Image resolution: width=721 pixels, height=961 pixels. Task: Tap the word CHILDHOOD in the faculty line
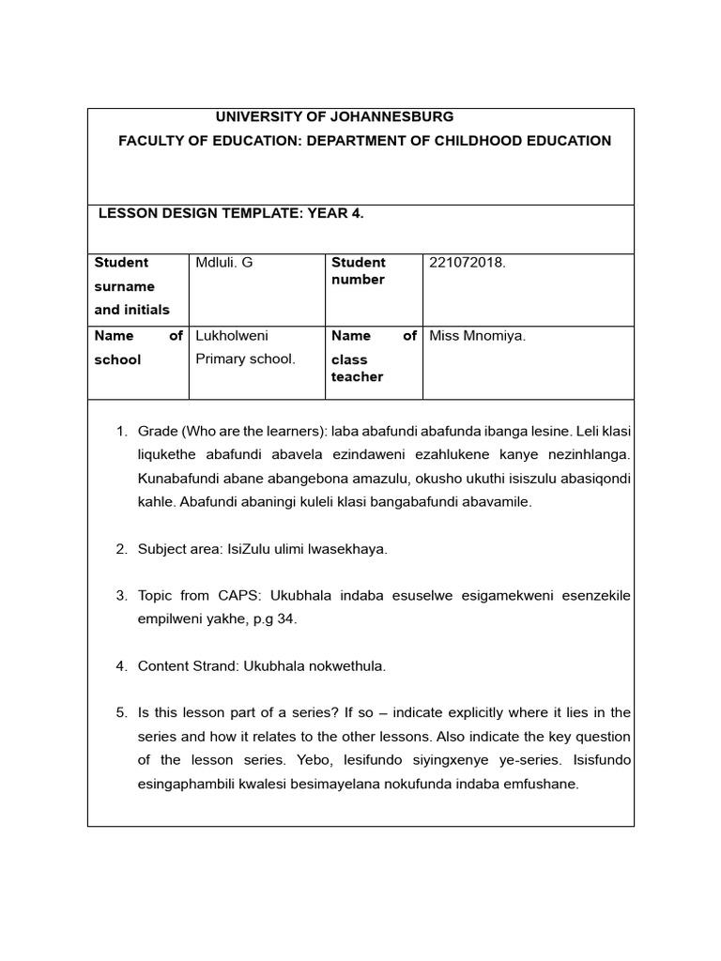coord(479,141)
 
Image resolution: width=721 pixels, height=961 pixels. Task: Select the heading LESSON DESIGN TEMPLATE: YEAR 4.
coord(231,214)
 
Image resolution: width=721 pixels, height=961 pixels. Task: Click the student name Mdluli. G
coord(223,263)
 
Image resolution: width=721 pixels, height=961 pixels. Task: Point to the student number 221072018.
coord(468,263)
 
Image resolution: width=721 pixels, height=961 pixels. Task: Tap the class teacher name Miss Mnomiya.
coord(477,336)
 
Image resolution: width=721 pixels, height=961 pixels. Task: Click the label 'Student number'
coord(358,271)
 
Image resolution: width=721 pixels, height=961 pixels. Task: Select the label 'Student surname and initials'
coord(131,286)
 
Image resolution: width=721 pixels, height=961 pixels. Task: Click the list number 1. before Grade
coord(121,431)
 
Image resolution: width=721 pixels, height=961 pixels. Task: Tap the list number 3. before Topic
coord(121,596)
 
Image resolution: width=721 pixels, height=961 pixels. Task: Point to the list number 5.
coord(121,712)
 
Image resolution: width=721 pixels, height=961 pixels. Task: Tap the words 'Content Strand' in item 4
coord(187,666)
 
